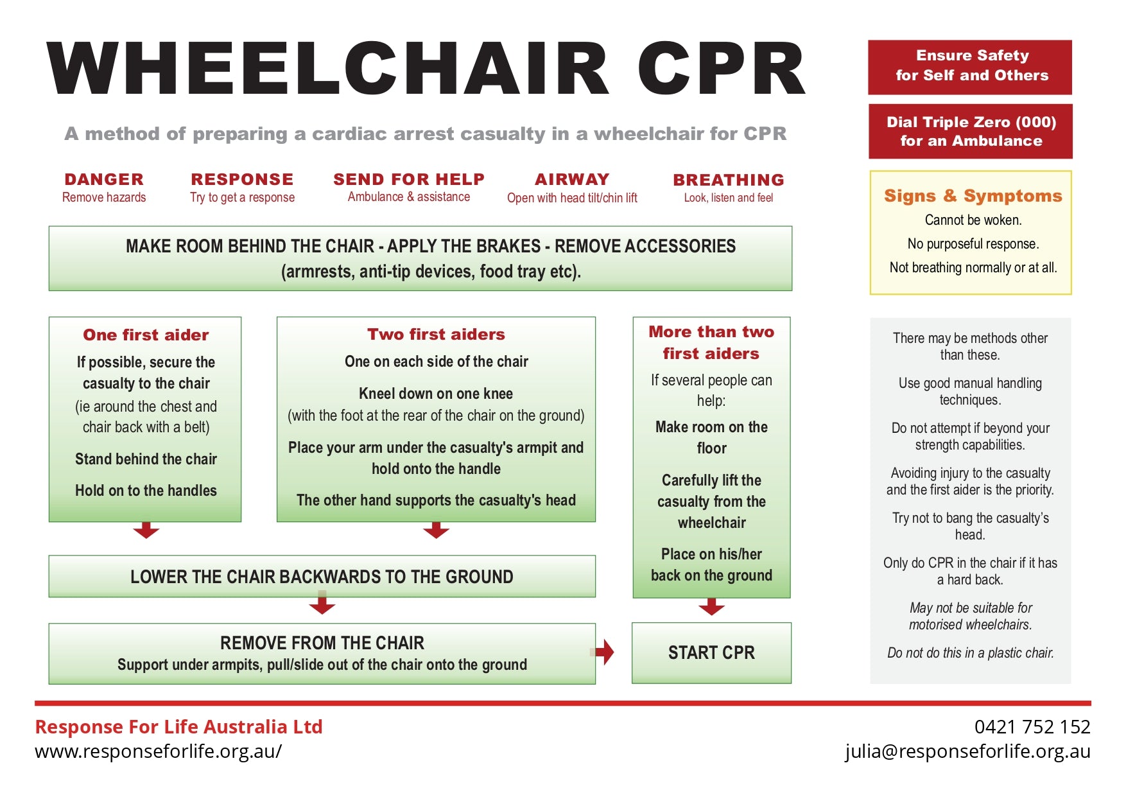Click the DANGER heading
click(x=104, y=179)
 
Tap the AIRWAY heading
click(x=572, y=179)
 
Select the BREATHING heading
click(x=729, y=180)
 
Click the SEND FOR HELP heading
click(x=409, y=179)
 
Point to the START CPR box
click(x=711, y=652)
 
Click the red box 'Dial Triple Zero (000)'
click(x=971, y=131)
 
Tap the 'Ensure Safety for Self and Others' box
click(x=971, y=66)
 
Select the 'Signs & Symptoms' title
click(x=973, y=196)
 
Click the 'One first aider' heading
click(x=146, y=335)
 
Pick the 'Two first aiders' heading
click(x=436, y=334)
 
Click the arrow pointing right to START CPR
click(x=605, y=652)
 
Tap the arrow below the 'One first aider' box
click(x=146, y=530)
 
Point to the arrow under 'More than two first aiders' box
click(x=711, y=606)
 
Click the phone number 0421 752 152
click(x=1032, y=726)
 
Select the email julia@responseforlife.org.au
click(x=967, y=751)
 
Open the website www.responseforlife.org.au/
click(x=158, y=751)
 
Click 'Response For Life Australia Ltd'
click(x=178, y=726)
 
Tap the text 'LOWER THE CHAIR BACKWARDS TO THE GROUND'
click(x=322, y=577)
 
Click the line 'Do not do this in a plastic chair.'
click(x=971, y=652)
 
